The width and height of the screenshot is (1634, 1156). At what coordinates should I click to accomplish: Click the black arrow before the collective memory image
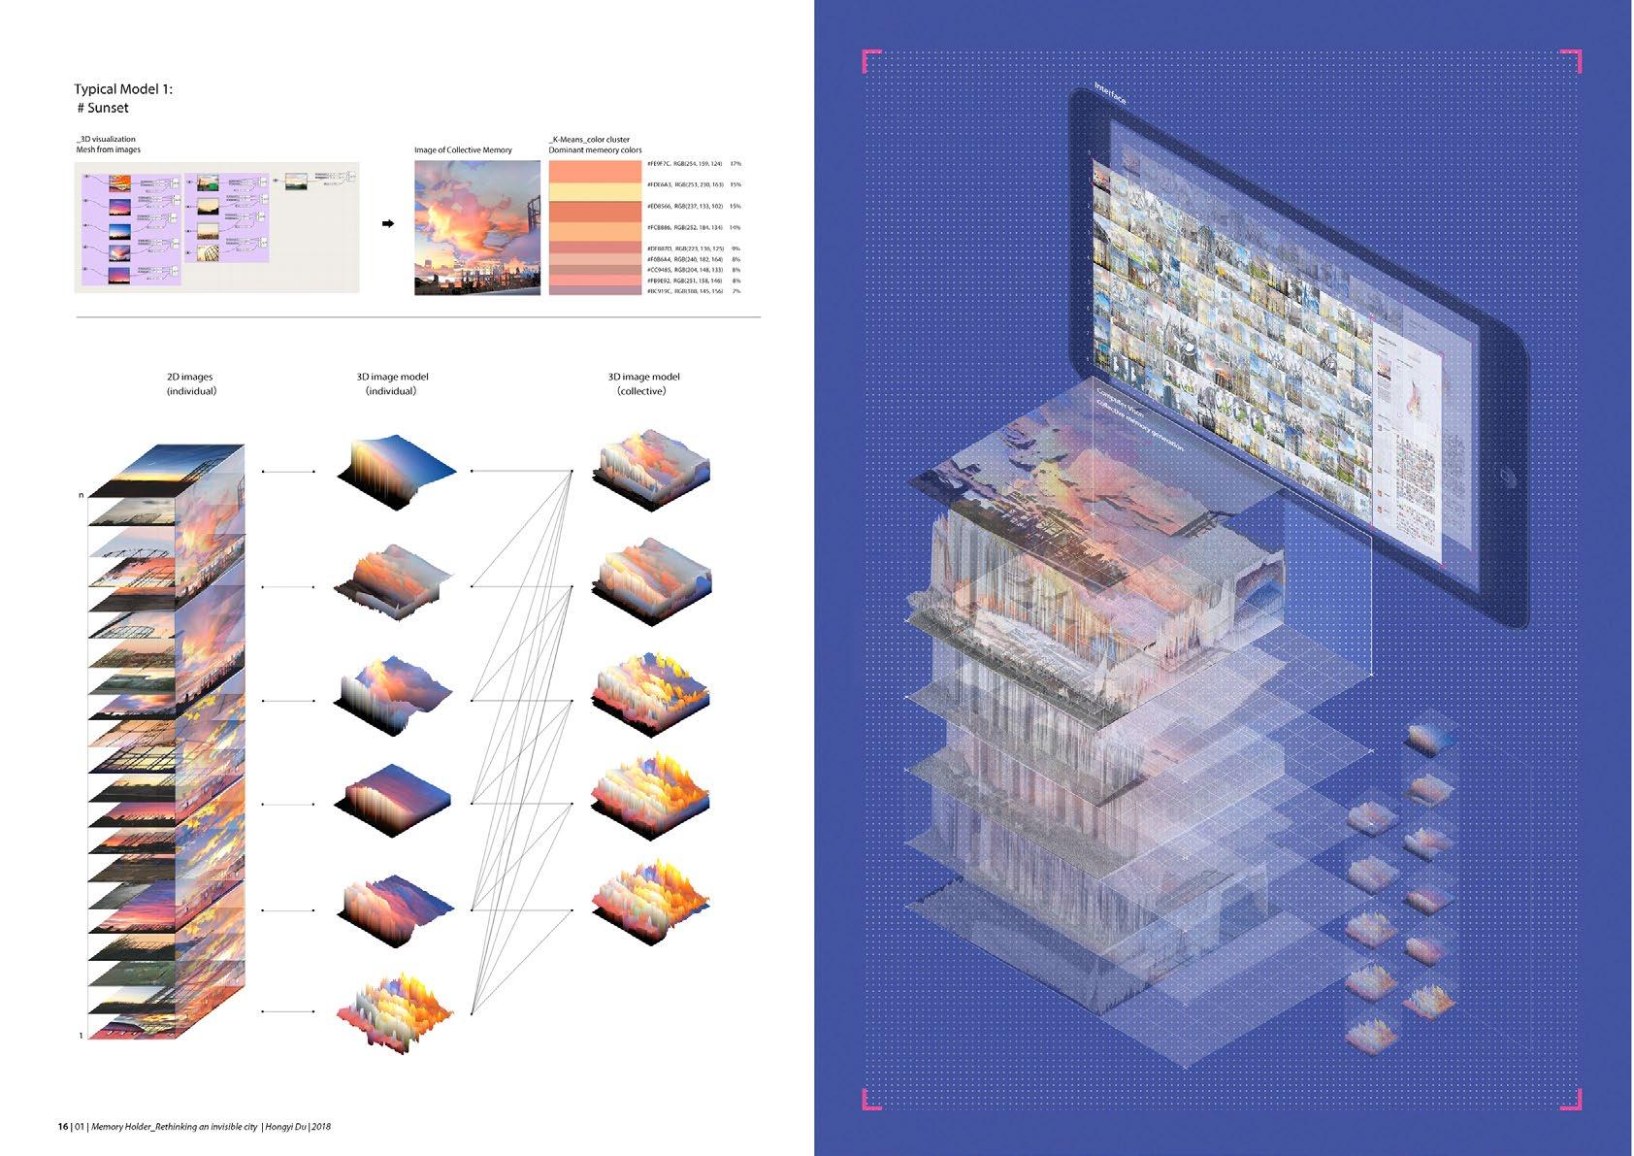[x=388, y=224]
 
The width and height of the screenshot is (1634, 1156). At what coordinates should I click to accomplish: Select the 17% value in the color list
[x=735, y=164]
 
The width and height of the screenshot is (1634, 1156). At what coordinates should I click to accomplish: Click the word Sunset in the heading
[x=108, y=108]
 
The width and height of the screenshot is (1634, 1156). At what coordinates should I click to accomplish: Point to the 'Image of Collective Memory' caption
[x=463, y=150]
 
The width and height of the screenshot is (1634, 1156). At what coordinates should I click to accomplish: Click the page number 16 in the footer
[x=62, y=1127]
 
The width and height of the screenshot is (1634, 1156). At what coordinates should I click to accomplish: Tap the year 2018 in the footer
[x=321, y=1127]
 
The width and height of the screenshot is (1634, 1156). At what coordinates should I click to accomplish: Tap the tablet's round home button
[x=1506, y=478]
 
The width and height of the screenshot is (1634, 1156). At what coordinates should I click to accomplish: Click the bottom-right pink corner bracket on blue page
[x=1573, y=1100]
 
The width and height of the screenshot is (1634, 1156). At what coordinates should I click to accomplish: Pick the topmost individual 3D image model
[x=395, y=472]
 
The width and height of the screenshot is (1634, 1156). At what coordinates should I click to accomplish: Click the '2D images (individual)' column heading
[x=190, y=383]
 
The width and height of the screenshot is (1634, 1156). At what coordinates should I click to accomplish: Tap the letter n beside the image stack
[x=82, y=496]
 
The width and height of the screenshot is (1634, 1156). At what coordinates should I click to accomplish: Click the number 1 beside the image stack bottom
[x=81, y=1036]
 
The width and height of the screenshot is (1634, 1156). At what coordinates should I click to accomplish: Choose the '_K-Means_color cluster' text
[x=589, y=140]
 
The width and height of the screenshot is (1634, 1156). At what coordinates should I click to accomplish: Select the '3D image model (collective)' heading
[x=643, y=383]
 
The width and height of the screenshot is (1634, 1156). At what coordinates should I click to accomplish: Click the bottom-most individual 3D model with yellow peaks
[x=395, y=1011]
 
